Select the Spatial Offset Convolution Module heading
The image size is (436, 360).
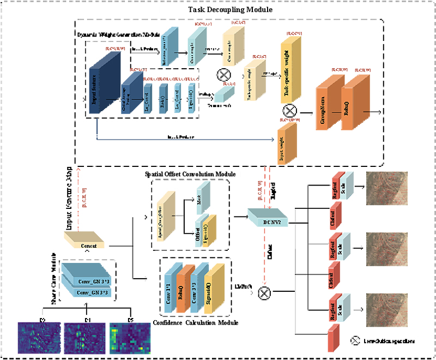(190, 174)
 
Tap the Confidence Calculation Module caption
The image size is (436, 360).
(196, 323)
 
